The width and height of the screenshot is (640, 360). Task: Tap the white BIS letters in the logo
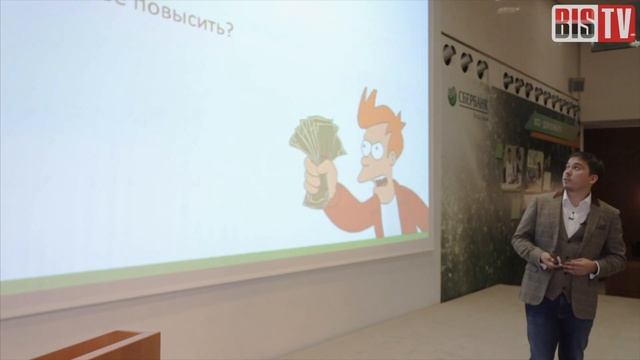pos(571,22)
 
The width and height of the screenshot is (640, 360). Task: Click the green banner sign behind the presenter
pos(551,125)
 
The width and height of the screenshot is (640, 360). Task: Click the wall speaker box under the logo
pos(576,85)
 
